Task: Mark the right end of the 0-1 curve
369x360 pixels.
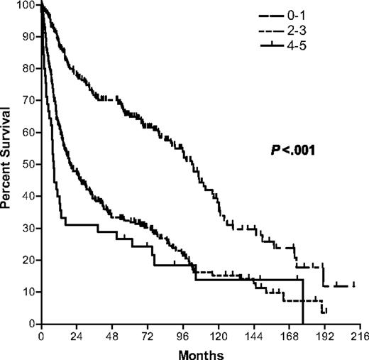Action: [x=354, y=285]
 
